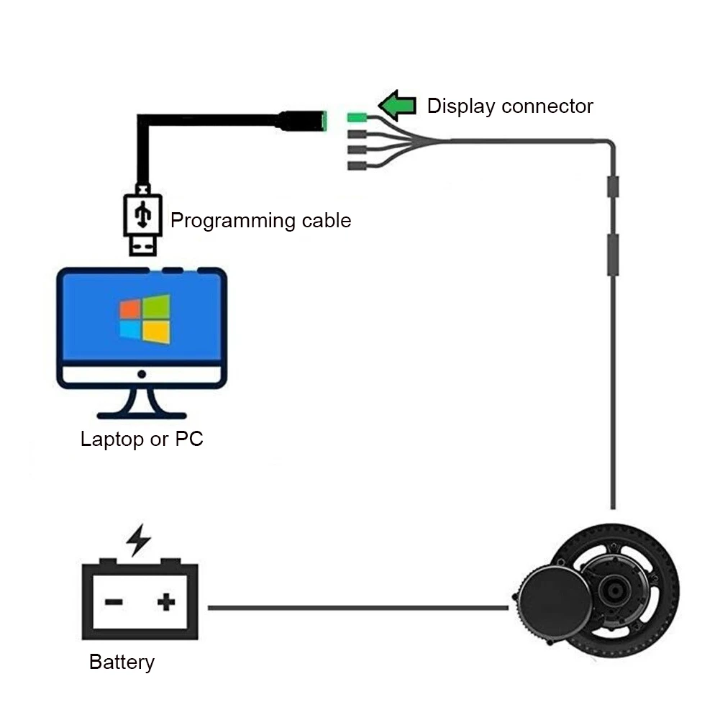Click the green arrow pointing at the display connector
pyautogui.click(x=397, y=106)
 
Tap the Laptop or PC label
pyautogui.click(x=142, y=439)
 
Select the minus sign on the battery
pyautogui.click(x=113, y=601)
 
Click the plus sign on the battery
pyautogui.click(x=166, y=601)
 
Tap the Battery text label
pyautogui.click(x=122, y=662)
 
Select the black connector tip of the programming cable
pyautogui.click(x=302, y=120)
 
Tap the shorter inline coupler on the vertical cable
pyautogui.click(x=613, y=187)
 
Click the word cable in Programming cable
pyautogui.click(x=323, y=220)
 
